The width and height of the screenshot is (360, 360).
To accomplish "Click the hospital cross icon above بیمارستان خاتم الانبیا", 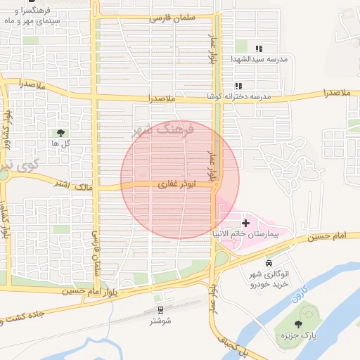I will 245,222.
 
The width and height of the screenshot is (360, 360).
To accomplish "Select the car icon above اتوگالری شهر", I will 269,262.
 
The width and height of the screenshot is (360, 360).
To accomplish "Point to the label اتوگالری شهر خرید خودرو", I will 270,277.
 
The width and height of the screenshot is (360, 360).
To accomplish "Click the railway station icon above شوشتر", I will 159,309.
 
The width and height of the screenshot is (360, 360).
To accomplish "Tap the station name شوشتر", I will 162,321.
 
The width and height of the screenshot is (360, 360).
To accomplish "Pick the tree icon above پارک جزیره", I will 299,323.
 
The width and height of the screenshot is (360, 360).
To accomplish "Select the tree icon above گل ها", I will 60,132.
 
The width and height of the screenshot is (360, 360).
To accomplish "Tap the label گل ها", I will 60,143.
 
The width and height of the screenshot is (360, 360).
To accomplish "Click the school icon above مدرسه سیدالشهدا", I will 259,49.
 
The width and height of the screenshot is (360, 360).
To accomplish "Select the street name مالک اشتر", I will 72,185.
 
